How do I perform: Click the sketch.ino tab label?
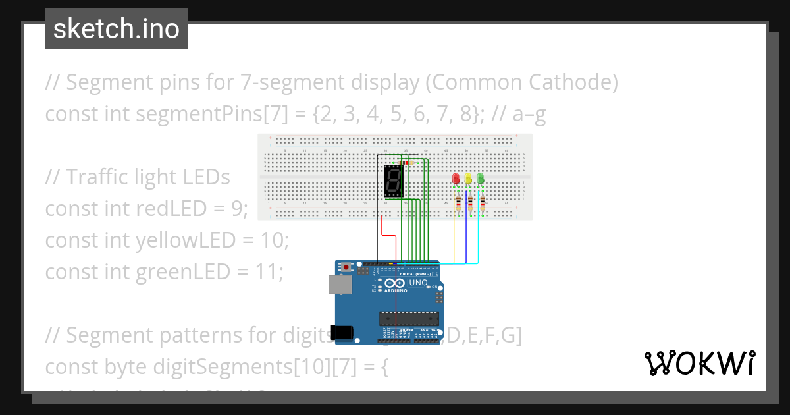point(116,29)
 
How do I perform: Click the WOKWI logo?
point(699,363)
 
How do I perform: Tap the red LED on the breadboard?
point(456,178)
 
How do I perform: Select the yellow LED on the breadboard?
point(468,178)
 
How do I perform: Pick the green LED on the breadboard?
point(480,178)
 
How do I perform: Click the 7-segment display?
point(392,182)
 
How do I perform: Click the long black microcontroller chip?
point(408,318)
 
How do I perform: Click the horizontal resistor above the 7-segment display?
point(404,162)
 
